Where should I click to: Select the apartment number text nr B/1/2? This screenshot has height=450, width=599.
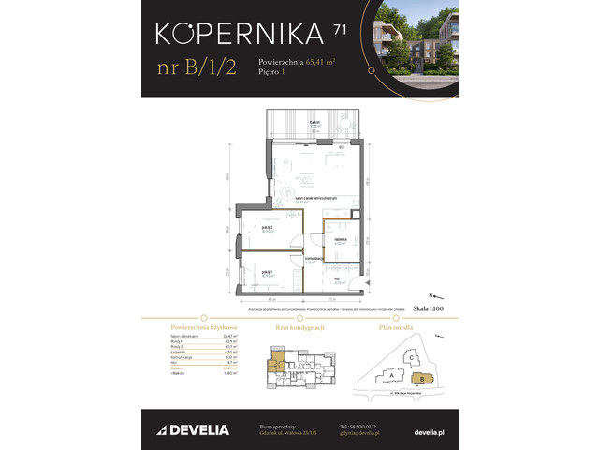pos(193,69)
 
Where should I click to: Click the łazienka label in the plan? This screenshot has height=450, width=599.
pos(341,239)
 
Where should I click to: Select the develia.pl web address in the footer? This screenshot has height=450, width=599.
pos(427,431)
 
